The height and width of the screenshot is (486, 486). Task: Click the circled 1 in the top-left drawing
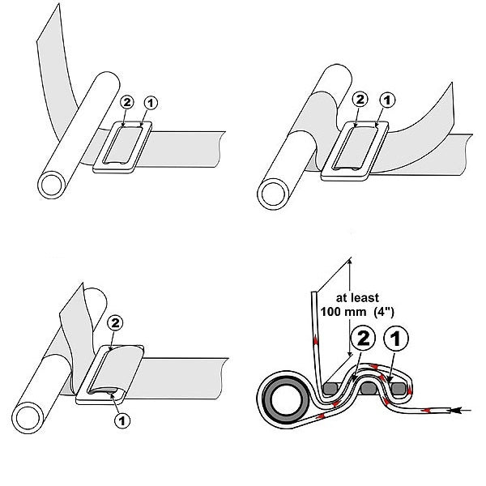click(147, 102)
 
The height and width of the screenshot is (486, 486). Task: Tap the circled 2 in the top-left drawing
click(126, 102)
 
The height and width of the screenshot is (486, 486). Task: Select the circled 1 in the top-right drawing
click(386, 100)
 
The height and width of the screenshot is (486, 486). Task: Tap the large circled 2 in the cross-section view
click(364, 338)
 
